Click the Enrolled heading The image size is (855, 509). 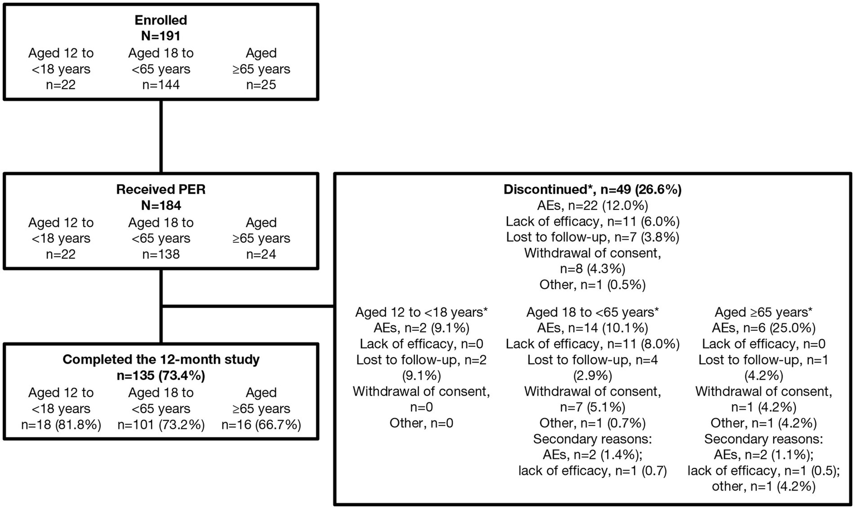(x=161, y=21)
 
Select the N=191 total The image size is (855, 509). (x=161, y=36)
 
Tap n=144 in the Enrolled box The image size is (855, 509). (x=161, y=85)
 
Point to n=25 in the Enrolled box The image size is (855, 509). (x=261, y=85)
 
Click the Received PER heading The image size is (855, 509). (x=161, y=190)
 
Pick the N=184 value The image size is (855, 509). (x=161, y=205)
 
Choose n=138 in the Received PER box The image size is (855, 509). (x=161, y=254)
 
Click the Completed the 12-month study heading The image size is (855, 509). (x=161, y=360)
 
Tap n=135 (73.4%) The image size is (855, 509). (x=161, y=376)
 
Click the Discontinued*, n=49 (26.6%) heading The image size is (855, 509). (x=593, y=190)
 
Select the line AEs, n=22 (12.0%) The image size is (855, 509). (x=593, y=206)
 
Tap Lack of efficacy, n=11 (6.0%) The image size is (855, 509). (x=593, y=222)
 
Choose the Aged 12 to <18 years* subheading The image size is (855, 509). (x=422, y=312)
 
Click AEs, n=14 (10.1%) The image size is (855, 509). (x=593, y=329)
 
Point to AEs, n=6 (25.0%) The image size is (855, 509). (x=764, y=329)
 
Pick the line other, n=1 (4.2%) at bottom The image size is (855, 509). (x=764, y=487)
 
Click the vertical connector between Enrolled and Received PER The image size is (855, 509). (x=162, y=136)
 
